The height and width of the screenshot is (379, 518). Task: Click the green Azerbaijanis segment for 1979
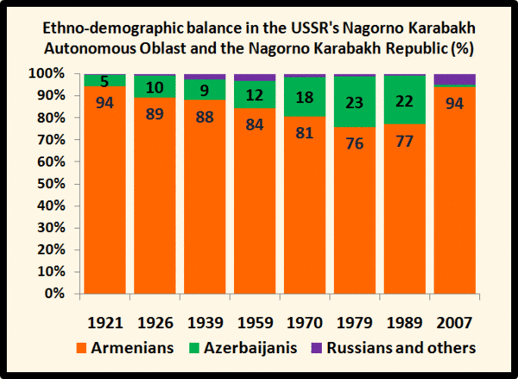pos(355,102)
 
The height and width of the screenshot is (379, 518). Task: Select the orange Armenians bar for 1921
pos(104,190)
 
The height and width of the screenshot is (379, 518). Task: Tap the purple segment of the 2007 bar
pos(455,79)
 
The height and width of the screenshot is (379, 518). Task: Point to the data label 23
pos(355,103)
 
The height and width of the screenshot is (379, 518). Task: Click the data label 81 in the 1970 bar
pos(304,133)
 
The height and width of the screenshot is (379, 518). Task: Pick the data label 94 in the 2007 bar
pos(455,104)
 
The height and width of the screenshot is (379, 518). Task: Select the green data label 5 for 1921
pos(104,81)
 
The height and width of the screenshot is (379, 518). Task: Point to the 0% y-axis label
pos(55,294)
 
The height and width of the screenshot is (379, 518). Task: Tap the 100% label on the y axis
pos(47,73)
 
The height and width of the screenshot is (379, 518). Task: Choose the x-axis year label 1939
pos(205,323)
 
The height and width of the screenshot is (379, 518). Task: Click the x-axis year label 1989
pos(404,323)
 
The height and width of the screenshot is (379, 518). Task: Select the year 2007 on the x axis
pos(454,323)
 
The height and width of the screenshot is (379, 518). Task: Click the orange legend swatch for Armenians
pos(81,348)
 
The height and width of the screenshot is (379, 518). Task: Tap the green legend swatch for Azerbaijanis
pos(194,348)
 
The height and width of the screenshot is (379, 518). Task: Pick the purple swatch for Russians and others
pos(317,348)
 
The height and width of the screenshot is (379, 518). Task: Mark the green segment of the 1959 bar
pos(255,94)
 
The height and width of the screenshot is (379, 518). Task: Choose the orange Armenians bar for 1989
pos(404,209)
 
